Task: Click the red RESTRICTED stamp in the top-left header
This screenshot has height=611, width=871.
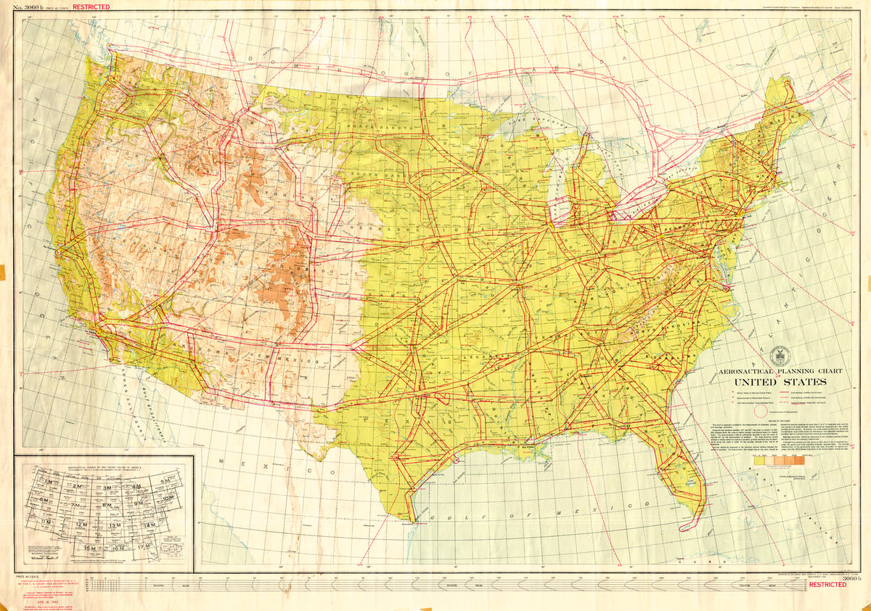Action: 91,7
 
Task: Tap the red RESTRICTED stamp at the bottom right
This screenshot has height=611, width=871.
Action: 827,584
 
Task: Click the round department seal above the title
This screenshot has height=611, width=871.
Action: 780,355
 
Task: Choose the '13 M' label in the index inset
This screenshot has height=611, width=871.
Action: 115,525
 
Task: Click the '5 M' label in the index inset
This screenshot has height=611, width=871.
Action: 165,482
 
